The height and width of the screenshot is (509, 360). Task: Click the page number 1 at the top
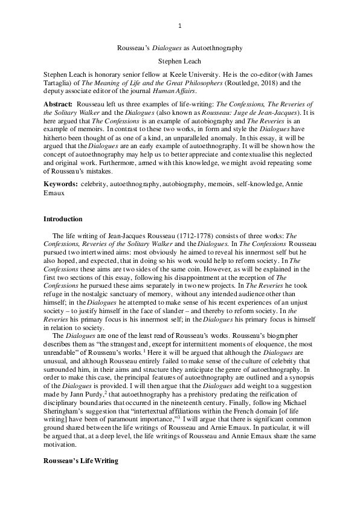point(180,25)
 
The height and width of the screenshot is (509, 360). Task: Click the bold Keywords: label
point(61,182)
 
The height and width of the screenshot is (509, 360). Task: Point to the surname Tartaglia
point(62,82)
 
